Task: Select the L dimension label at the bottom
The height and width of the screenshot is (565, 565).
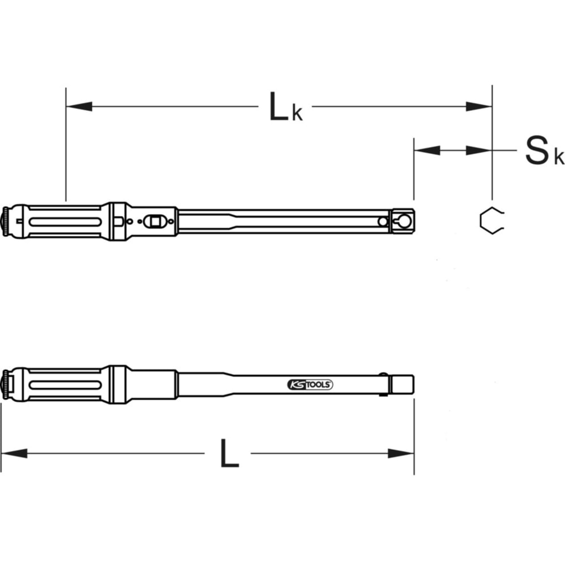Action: pos(229,453)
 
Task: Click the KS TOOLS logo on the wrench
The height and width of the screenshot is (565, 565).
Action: pos(310,384)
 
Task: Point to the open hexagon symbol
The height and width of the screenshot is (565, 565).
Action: pos(490,220)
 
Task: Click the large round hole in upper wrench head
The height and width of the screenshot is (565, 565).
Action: pos(405,220)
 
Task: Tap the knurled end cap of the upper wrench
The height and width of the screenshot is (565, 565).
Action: pos(6,221)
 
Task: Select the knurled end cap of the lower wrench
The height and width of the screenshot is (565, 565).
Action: pos(6,384)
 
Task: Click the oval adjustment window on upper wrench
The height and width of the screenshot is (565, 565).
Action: pos(154,221)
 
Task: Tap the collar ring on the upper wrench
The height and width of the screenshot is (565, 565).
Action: pos(118,221)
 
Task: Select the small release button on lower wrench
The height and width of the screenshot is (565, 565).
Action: pos(385,374)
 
